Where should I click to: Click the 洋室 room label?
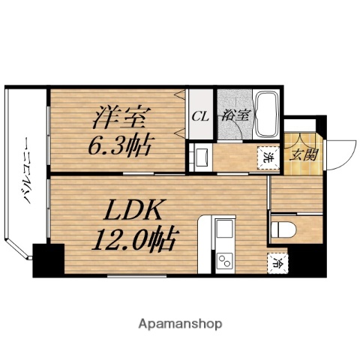pyautogui.click(x=122, y=118)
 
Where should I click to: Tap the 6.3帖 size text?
pyautogui.click(x=123, y=144)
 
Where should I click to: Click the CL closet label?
pyautogui.click(x=199, y=116)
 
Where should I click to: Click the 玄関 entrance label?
pyautogui.click(x=303, y=157)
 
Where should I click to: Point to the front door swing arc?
pyautogui.click(x=340, y=154)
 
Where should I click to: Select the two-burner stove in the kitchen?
pyautogui.click(x=224, y=260)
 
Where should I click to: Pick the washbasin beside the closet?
pyautogui.click(x=200, y=157)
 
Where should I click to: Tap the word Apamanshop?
pyautogui.click(x=180, y=324)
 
